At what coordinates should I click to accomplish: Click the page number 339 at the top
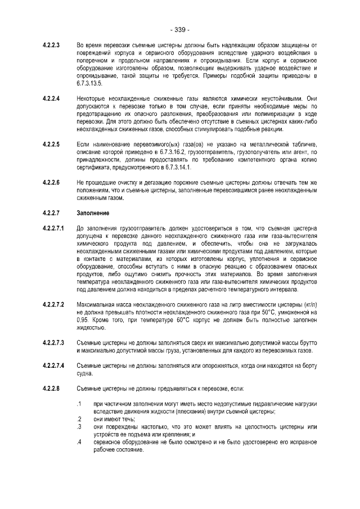pyautogui.click(x=180, y=29)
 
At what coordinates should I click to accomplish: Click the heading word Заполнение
pyautogui.click(x=93, y=213)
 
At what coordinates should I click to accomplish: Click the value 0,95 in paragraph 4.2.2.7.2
pyautogui.click(x=82, y=319)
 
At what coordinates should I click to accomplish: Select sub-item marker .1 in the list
pyautogui.click(x=79, y=404)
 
